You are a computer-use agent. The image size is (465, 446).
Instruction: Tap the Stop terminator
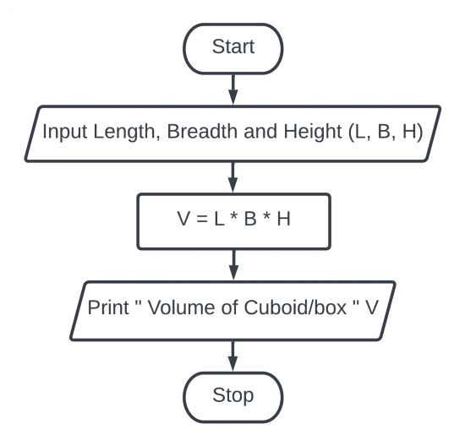(x=232, y=394)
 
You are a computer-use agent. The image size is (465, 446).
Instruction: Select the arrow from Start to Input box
(x=232, y=86)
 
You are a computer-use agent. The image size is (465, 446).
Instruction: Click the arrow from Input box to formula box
(x=232, y=177)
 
